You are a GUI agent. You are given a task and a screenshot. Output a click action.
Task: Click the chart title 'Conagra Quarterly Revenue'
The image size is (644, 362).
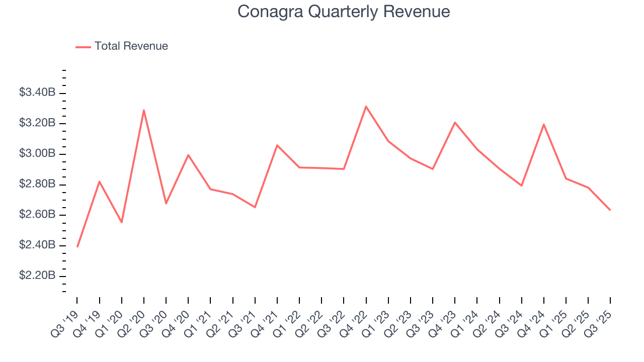pyautogui.click(x=344, y=12)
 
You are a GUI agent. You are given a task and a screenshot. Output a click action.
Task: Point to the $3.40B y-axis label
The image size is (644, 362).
pyautogui.click(x=37, y=93)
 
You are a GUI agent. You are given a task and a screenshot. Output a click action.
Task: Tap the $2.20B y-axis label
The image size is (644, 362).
pyautogui.click(x=37, y=276)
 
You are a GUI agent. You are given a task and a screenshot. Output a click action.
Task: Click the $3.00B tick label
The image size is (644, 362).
pyautogui.click(x=37, y=154)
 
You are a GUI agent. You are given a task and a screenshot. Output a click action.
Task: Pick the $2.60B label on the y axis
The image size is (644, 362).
pyautogui.click(x=37, y=215)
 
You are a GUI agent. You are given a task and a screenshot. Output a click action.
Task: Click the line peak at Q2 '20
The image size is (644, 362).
pyautogui.click(x=144, y=110)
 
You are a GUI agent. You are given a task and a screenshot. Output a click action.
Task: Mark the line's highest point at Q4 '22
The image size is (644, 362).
pyautogui.click(x=366, y=106)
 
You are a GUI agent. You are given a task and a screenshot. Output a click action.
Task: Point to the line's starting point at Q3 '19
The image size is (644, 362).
pyautogui.click(x=77, y=247)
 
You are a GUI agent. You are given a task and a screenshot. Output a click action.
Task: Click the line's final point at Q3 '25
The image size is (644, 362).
pyautogui.click(x=610, y=210)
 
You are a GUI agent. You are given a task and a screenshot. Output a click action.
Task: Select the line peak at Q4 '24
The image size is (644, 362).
pyautogui.click(x=544, y=124)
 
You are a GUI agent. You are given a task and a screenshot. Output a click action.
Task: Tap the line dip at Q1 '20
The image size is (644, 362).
pyautogui.click(x=122, y=222)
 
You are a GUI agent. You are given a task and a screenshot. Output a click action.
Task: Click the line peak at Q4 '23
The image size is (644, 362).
pyautogui.click(x=455, y=122)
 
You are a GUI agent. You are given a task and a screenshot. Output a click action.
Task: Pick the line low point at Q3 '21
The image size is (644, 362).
pyautogui.click(x=255, y=207)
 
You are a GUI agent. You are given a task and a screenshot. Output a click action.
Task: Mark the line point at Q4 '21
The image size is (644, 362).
pyautogui.click(x=277, y=145)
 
